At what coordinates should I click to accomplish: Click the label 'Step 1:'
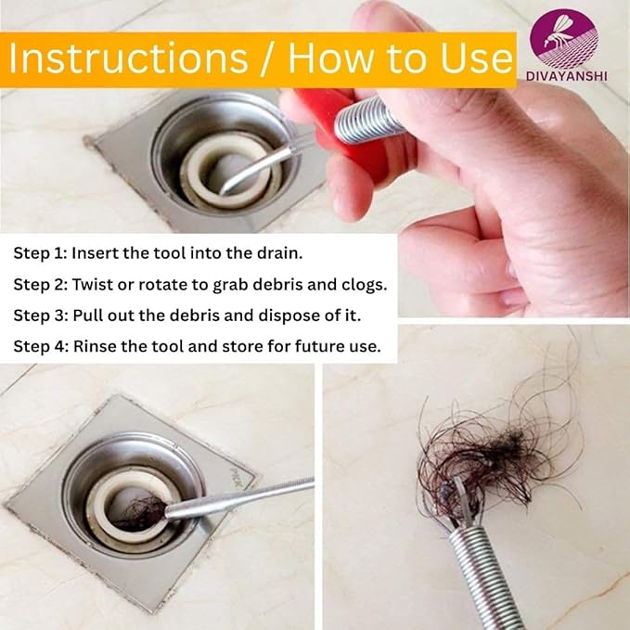coord(40,252)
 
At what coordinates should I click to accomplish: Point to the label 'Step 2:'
coord(41,283)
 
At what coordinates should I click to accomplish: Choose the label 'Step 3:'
coord(41,315)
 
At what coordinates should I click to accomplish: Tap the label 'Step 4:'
coord(41,346)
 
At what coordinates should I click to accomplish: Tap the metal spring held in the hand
coord(368,119)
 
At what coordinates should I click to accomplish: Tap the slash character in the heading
coord(269,58)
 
